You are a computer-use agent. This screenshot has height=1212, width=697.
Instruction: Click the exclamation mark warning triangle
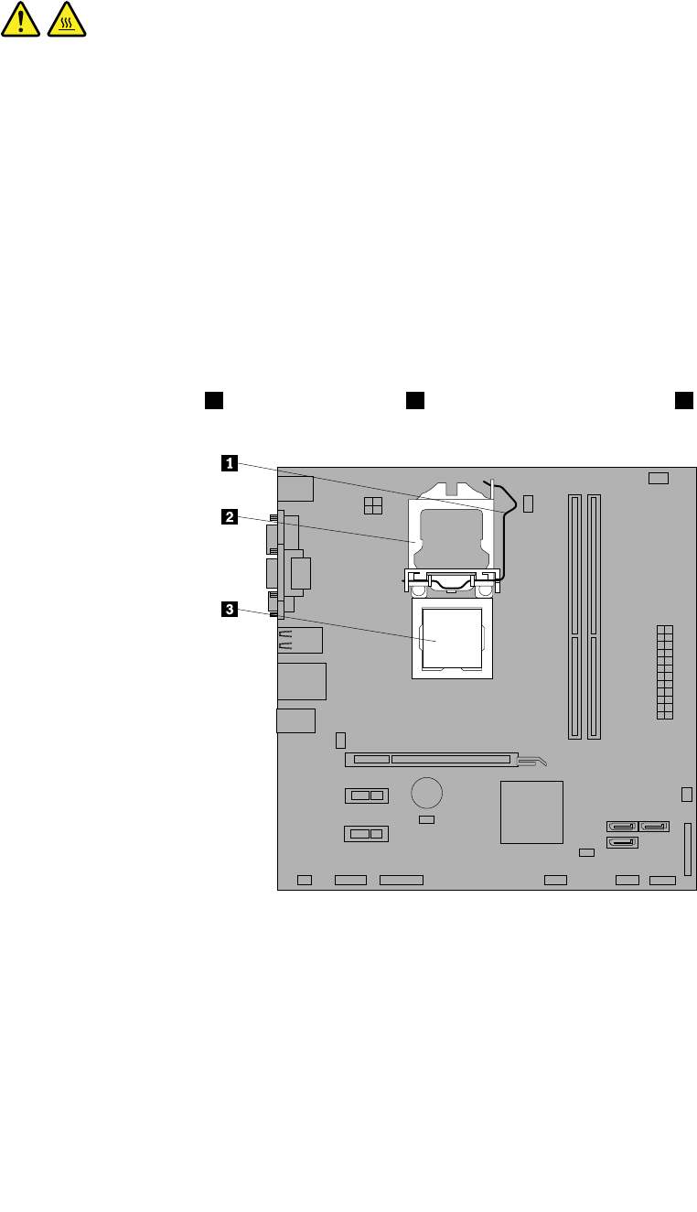tap(20, 19)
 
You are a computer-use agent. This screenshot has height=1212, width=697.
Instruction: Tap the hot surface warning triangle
tap(66, 19)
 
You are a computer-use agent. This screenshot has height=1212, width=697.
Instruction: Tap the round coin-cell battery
tap(426, 791)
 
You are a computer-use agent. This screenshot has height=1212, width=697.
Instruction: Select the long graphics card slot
tap(430, 759)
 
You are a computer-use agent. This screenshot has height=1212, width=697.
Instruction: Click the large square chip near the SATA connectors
tap(531, 812)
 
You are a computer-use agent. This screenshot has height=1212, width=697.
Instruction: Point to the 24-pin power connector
tap(664, 672)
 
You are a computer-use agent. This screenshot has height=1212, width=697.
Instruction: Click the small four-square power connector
tap(372, 505)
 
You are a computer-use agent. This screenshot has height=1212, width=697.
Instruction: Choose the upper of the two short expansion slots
tap(367, 795)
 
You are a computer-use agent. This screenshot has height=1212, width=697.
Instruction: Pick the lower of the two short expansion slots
tap(367, 834)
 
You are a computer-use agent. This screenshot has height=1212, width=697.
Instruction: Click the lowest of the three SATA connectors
tap(622, 842)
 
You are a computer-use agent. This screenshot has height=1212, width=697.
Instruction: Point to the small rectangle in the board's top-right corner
tap(659, 479)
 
